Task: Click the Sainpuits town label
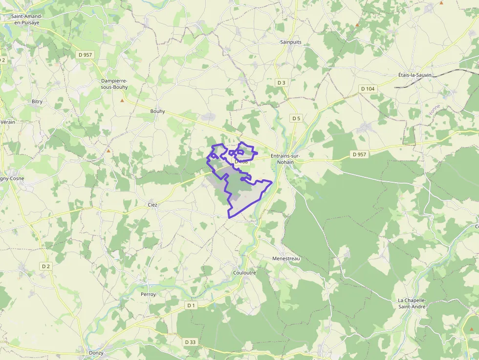coord(291,42)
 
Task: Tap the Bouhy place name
coord(157,111)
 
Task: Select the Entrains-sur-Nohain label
coord(286,159)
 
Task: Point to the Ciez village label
coord(152,205)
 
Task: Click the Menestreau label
coord(286,258)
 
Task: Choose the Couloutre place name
coord(244,273)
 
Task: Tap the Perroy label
coord(148,295)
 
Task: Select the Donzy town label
coord(96,353)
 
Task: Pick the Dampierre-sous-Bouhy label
coord(114,84)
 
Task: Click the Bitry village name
coord(37,102)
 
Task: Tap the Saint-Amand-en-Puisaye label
coord(27,19)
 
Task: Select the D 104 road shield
coord(367,88)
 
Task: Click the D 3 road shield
coord(281,83)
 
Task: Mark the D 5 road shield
coord(296,118)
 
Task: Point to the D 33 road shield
coord(190,342)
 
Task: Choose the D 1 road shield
coord(191,305)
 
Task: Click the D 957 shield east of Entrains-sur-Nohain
coord(359,154)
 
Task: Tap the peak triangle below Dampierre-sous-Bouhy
coord(122,101)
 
